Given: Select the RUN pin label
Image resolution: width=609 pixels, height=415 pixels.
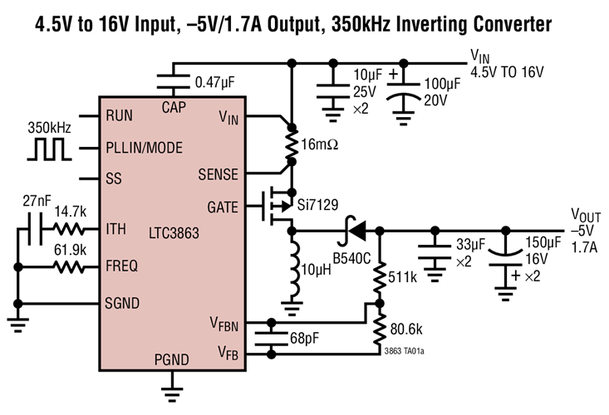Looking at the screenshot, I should click(x=121, y=115).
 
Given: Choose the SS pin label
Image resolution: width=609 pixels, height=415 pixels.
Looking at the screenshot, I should click(x=114, y=178).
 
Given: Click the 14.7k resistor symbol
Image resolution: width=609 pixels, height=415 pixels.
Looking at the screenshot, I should click(x=71, y=228).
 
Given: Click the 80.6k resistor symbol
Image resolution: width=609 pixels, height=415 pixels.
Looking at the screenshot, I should click(x=380, y=330).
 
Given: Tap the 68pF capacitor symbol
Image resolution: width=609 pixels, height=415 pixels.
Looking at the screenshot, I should click(x=269, y=337).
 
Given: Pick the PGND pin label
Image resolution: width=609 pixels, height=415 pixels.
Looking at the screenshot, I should click(x=172, y=360).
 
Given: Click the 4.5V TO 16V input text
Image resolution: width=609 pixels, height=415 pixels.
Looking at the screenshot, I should click(x=507, y=72).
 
